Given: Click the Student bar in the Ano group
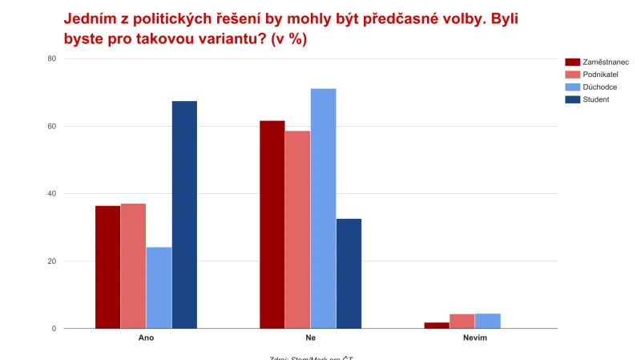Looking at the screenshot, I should (184, 215).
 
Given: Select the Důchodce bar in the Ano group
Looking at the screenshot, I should (159, 288).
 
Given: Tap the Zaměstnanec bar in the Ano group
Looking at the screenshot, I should (107, 267).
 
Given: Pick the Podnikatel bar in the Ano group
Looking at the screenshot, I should (133, 266).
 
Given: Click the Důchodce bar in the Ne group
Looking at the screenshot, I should (323, 208).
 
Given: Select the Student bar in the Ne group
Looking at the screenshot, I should (349, 273).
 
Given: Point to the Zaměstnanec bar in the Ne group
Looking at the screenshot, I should (272, 224).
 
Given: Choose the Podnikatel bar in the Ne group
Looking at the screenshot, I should (297, 229).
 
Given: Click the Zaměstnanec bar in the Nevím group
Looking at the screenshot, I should (437, 325).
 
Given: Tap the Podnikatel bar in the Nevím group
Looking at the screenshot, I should (462, 321).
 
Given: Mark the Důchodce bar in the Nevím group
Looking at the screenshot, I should (487, 321).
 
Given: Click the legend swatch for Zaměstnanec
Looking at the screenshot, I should (572, 62).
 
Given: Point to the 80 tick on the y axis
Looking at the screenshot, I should (50, 59).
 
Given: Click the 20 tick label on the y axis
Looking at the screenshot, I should (50, 261).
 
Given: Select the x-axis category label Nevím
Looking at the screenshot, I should (474, 339).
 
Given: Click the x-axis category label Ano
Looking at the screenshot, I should (146, 339).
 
